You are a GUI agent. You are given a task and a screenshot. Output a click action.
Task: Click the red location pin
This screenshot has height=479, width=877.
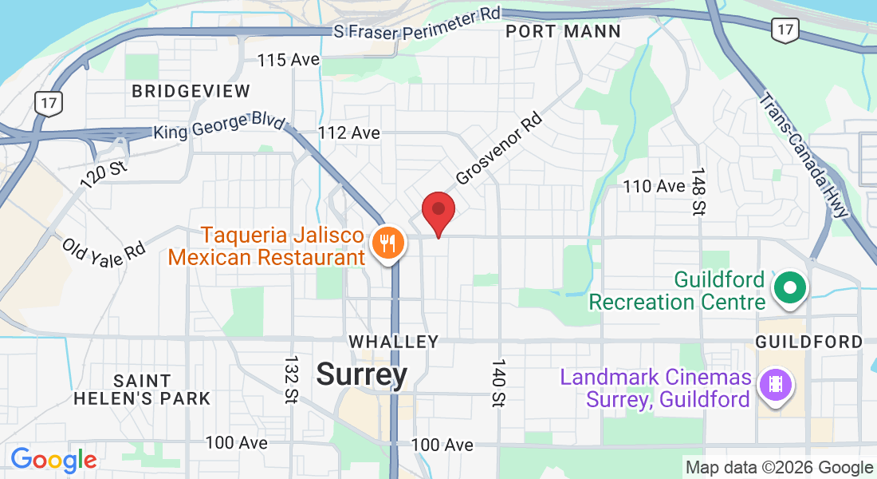pos(438,212)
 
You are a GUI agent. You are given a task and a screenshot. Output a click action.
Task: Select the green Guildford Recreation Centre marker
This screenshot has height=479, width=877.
pos(791,287)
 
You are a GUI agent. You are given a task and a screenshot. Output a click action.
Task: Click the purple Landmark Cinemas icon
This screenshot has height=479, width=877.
pos(774,385)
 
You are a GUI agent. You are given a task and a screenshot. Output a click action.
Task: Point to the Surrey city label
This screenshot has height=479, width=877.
pos(362,374)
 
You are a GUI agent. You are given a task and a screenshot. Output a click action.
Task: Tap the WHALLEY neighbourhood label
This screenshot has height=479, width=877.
pos(394,342)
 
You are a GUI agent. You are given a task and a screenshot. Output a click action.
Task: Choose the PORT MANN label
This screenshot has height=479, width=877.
pos(563,32)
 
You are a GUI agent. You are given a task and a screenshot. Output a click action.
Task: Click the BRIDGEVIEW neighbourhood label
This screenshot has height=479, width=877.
pos(191,91)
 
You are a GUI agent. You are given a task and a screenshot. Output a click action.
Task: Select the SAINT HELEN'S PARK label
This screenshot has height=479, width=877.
pos(142,390)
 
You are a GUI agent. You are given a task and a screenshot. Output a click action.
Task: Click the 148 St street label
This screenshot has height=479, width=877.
pos(699,192)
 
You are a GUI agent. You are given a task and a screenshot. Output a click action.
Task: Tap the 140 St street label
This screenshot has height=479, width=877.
pos(499,383)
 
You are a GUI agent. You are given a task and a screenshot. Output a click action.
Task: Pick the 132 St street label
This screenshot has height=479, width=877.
pos(290,379)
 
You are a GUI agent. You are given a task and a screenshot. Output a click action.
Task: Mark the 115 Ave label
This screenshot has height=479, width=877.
pos(289,60)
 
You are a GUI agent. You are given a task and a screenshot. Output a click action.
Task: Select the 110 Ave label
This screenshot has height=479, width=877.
pos(654,186)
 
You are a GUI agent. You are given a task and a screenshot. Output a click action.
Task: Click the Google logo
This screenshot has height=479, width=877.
pos(53,460)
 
